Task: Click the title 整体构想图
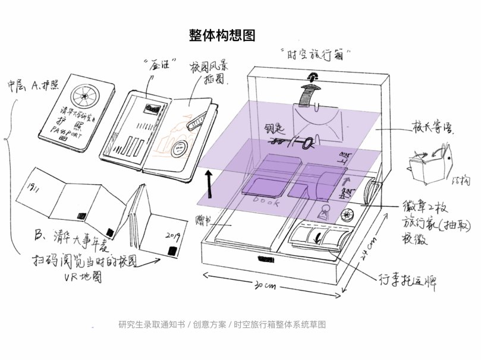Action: point(221,34)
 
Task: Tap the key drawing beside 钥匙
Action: point(295,143)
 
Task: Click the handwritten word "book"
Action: point(266,201)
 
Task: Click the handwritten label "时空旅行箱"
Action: point(316,54)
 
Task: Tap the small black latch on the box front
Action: point(263,259)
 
